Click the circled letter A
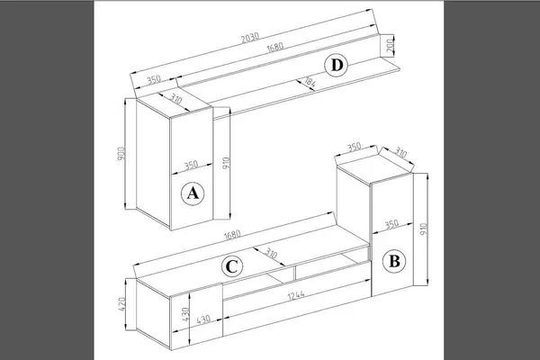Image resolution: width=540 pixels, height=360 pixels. coord(193,193)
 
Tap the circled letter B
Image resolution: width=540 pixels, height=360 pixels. coord(394,261)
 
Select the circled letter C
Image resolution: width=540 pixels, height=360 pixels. coord(232,266)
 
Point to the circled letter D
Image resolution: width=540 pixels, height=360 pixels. coord(337,65)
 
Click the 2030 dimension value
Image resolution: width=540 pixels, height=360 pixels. coord(250,37)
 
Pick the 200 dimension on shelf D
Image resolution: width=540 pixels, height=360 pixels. coord(390,46)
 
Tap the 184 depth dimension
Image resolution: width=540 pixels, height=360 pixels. coord(310,82)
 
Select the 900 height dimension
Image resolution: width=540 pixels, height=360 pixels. coord(121,154)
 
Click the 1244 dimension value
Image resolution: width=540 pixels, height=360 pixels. coord(296,295)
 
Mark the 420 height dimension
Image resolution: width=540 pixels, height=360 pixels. coord(121,304)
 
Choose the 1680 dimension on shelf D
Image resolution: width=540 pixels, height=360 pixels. coord(275,47)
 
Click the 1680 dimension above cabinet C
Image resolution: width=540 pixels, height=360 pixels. coord(232,235)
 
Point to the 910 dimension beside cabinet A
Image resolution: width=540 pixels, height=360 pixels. coord(226,163)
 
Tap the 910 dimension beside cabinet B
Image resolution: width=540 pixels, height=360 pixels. coord(424,229)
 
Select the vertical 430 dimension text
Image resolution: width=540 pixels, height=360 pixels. coord(185,314)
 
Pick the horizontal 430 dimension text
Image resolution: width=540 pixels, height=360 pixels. coord(203,319)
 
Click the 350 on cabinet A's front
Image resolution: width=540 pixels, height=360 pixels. coord(191,165)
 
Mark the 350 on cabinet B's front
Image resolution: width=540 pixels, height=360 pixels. coord(391,225)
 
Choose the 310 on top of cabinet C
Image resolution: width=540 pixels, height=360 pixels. coord(271,254)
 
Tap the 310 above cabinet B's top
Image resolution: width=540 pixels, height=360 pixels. coord(400,152)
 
